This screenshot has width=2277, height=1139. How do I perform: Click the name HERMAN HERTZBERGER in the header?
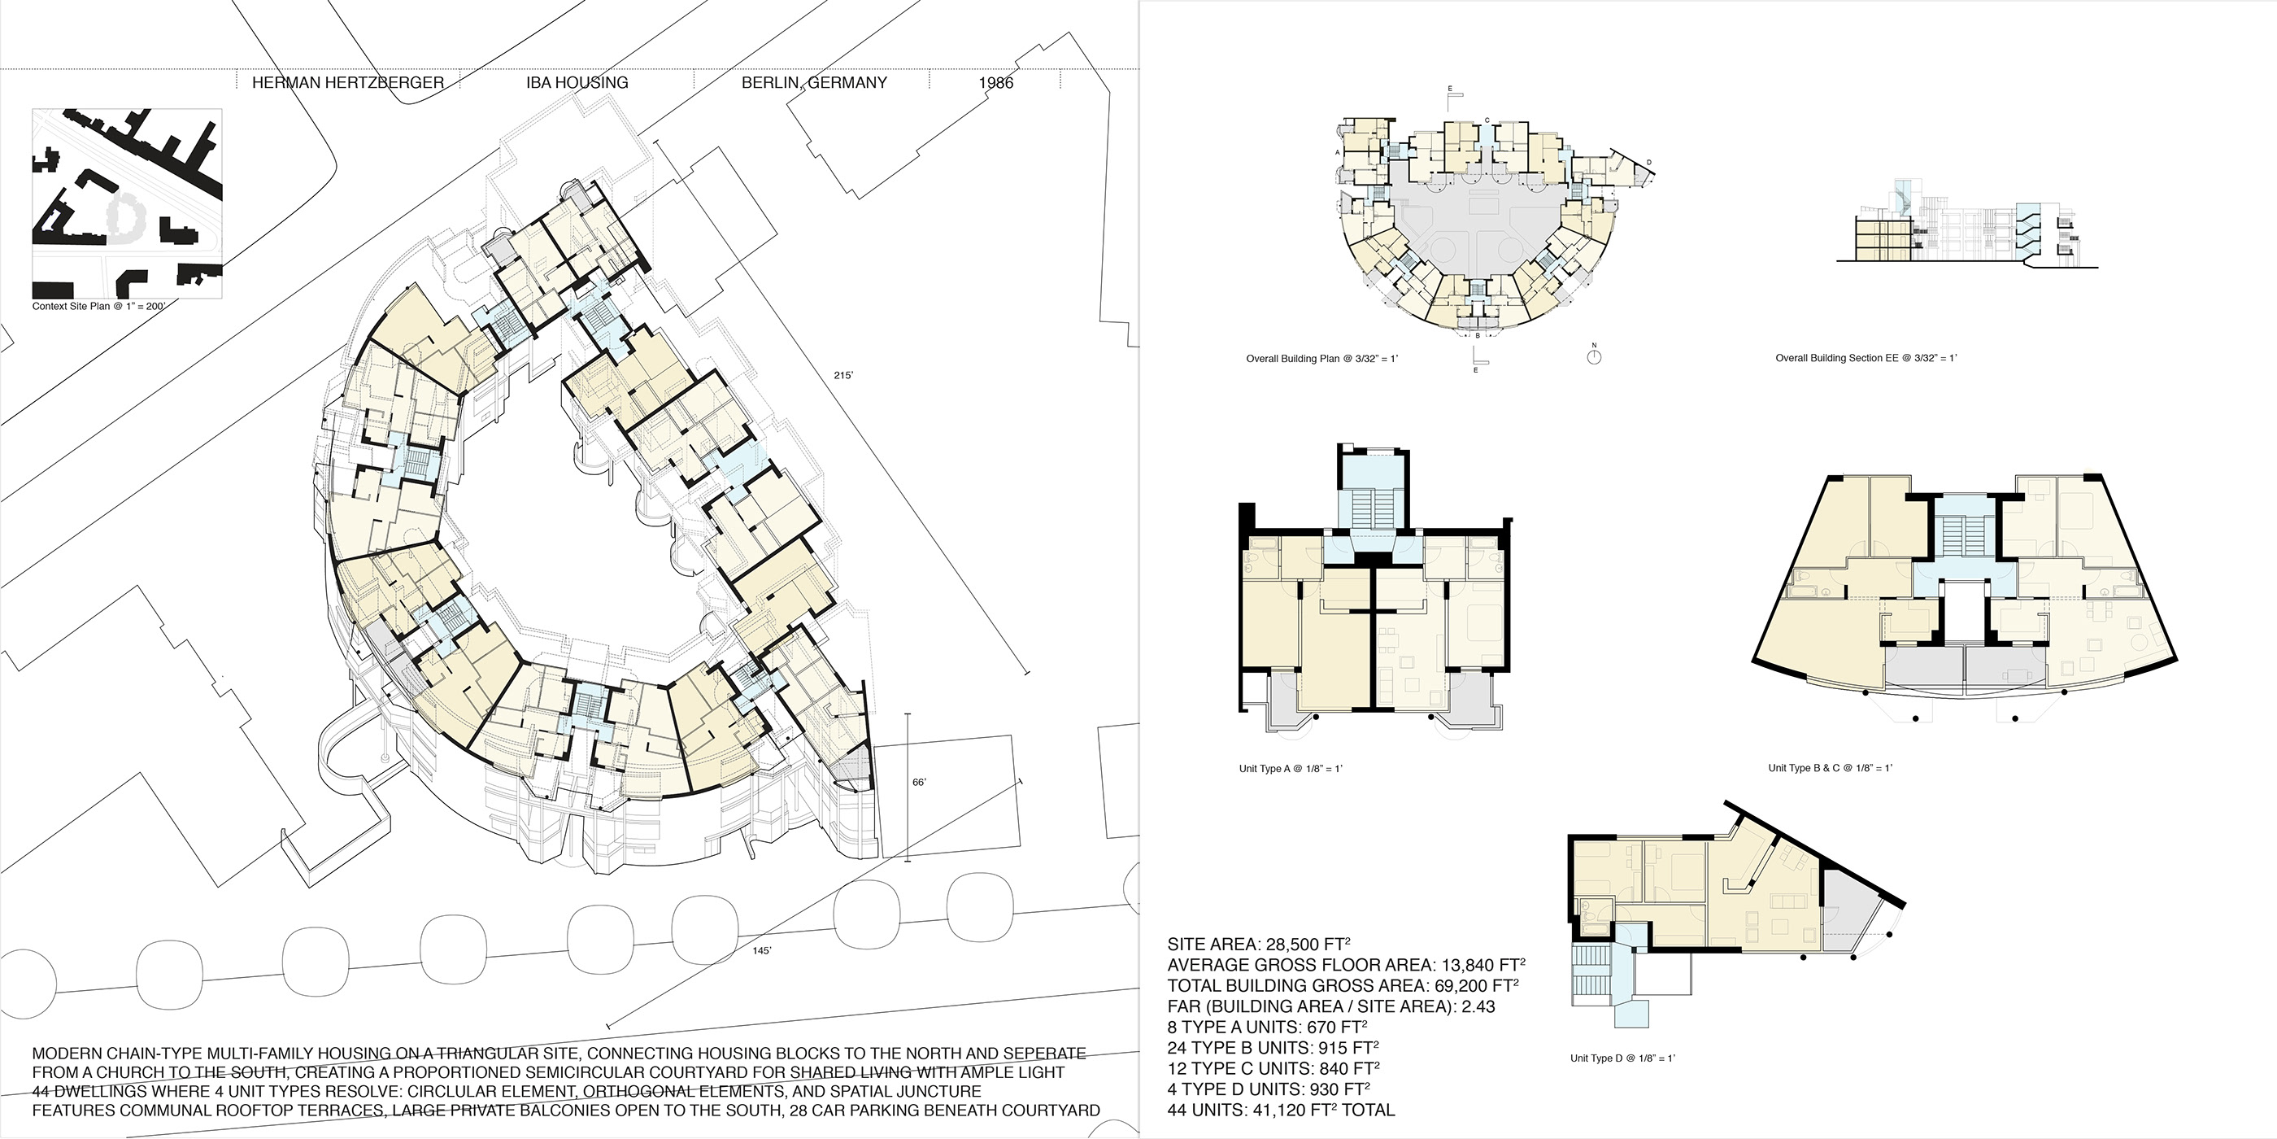coord(347,83)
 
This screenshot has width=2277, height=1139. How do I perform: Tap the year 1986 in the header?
coord(995,83)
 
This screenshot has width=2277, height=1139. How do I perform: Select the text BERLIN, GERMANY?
coord(813,83)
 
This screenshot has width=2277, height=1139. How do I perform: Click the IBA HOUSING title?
coord(577,83)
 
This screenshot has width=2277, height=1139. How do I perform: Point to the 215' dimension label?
coord(843,376)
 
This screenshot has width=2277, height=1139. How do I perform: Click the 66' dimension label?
coord(919,783)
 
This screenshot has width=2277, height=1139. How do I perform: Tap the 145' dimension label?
coord(762,950)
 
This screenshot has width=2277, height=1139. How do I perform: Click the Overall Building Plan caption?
coord(1321,359)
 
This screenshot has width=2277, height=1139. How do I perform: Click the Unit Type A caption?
coord(1290,770)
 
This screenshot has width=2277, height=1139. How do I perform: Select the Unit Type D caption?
coord(1622,1058)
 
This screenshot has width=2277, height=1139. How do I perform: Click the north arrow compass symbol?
coord(1594,357)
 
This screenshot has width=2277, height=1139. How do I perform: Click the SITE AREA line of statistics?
coord(1258,945)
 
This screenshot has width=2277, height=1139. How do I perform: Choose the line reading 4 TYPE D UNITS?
coord(1269,1089)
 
